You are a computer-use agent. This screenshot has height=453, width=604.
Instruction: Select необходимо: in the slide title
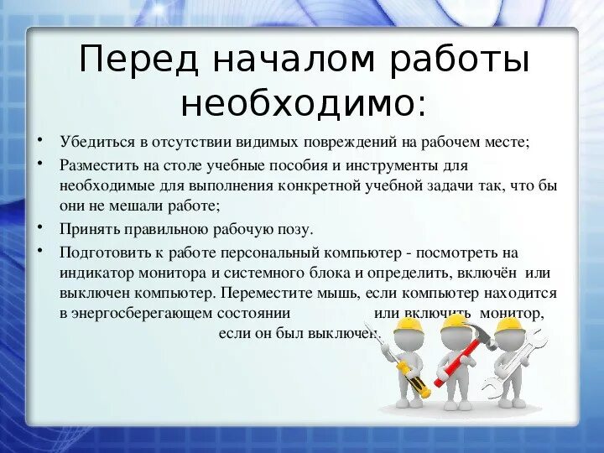(x=303, y=104)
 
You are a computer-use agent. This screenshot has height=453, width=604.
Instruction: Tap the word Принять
(x=85, y=228)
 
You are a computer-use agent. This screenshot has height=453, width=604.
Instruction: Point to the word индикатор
(x=94, y=273)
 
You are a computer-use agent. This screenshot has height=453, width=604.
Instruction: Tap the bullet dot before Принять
(x=41, y=226)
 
